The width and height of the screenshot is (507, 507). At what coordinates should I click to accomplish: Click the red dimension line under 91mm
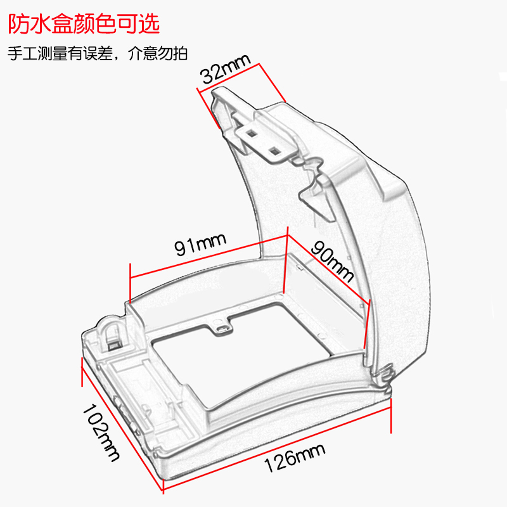pos(209,257)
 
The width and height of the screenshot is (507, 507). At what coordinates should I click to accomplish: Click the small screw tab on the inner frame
pos(221,326)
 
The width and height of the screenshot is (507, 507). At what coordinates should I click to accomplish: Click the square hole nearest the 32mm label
pos(252,133)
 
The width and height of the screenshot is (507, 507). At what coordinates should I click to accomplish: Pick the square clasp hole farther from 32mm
pos(274,150)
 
